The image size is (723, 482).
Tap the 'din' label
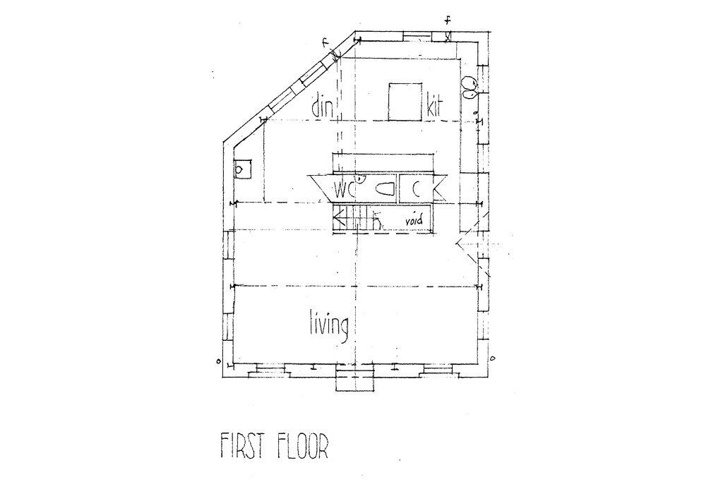(x=323, y=106)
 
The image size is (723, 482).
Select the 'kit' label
(x=434, y=106)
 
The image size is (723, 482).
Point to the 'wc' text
(x=345, y=189)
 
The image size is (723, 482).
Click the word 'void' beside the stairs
(x=414, y=221)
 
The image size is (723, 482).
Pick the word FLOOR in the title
(x=302, y=446)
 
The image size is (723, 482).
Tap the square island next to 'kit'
(x=405, y=102)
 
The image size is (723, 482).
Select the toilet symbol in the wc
(x=384, y=189)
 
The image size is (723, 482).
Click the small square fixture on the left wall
(x=242, y=169)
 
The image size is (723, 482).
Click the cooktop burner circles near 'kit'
(x=470, y=87)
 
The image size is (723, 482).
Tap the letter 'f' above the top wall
(x=448, y=20)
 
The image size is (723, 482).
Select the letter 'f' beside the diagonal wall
(x=325, y=43)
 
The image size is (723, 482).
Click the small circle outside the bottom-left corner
(x=219, y=361)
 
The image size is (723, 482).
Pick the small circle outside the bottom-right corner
(x=492, y=358)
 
